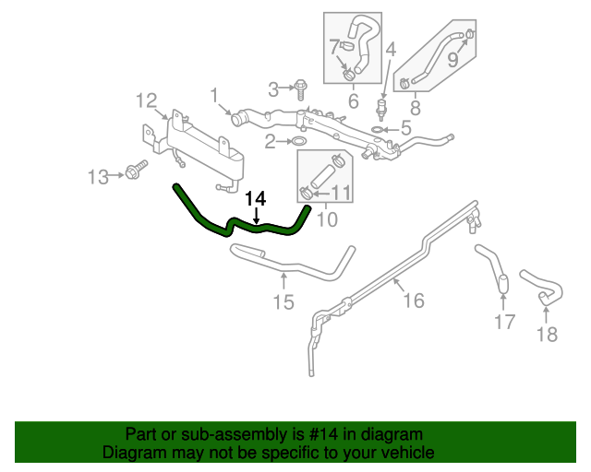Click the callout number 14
click(256, 198)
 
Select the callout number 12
click(147, 99)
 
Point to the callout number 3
click(273, 88)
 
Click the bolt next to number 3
click(301, 88)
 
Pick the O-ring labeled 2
click(298, 142)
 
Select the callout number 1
click(213, 94)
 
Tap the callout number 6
click(353, 100)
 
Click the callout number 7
click(335, 45)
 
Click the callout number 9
click(452, 61)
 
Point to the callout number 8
click(415, 108)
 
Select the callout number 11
click(342, 193)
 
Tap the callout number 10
click(327, 219)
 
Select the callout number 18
click(548, 334)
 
